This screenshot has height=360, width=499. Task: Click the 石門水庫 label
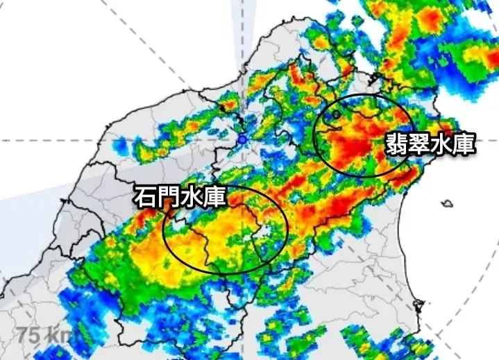coord(180,198)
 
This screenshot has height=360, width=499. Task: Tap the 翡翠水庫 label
coord(431,145)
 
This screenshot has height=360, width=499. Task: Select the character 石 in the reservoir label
coord(146,198)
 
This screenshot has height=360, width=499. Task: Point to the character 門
coord(169,198)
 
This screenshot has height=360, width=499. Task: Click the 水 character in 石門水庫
coord(192,198)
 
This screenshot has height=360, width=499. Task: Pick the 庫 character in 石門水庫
coord(214,198)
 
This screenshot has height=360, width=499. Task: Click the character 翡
coord(397,145)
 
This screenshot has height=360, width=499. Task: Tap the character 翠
coord(420,145)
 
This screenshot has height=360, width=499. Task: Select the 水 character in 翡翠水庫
coord(442,145)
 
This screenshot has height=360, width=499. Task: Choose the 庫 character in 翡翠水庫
coord(464,145)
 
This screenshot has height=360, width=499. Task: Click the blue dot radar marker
coord(242,140)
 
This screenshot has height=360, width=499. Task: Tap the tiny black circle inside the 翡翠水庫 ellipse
coord(337,114)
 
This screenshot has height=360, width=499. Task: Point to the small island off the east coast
coord(448,203)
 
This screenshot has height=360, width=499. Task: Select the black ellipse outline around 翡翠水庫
coord(314,136)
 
